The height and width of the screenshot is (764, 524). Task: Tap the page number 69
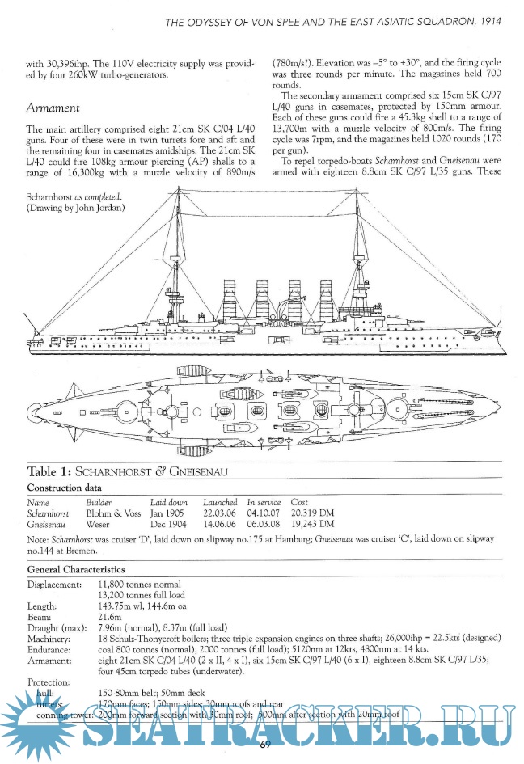tap(264, 744)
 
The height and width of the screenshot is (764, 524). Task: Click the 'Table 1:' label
tap(50, 472)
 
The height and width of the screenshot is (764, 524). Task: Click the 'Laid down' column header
tap(168, 502)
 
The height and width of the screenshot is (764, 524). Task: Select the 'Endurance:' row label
tap(50, 649)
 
